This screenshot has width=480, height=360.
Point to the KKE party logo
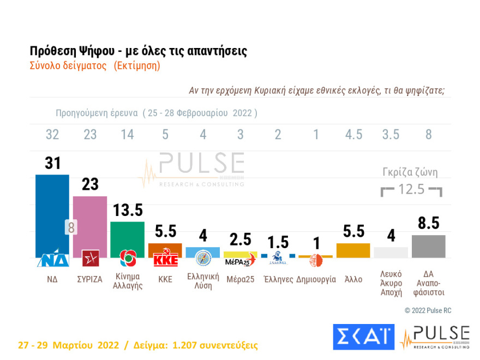click(x=165, y=259)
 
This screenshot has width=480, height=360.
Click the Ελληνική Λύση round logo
click(x=203, y=257)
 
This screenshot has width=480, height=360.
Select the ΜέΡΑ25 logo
click(x=241, y=259)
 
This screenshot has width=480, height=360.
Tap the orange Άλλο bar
click(x=353, y=250)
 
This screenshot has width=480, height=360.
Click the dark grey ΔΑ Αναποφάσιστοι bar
click(x=429, y=247)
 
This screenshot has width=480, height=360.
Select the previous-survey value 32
click(x=52, y=135)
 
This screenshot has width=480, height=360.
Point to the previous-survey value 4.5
click(x=353, y=135)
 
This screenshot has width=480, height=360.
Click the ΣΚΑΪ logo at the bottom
click(x=363, y=337)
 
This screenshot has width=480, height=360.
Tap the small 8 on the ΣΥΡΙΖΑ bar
click(x=71, y=227)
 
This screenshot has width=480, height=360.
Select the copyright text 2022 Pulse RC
click(x=428, y=310)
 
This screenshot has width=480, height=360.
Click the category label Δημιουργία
click(x=316, y=279)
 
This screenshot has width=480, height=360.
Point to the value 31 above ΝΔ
click(x=52, y=163)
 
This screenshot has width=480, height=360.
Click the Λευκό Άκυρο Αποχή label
click(x=391, y=283)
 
